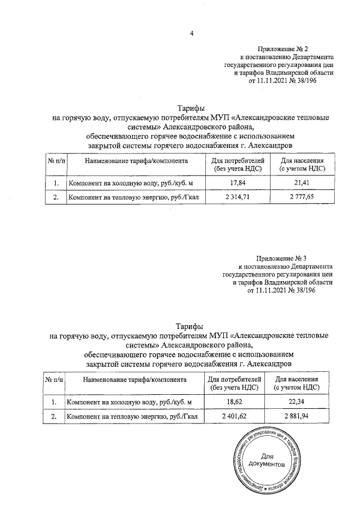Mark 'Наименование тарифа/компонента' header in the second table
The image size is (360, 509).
[x=134, y=380]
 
